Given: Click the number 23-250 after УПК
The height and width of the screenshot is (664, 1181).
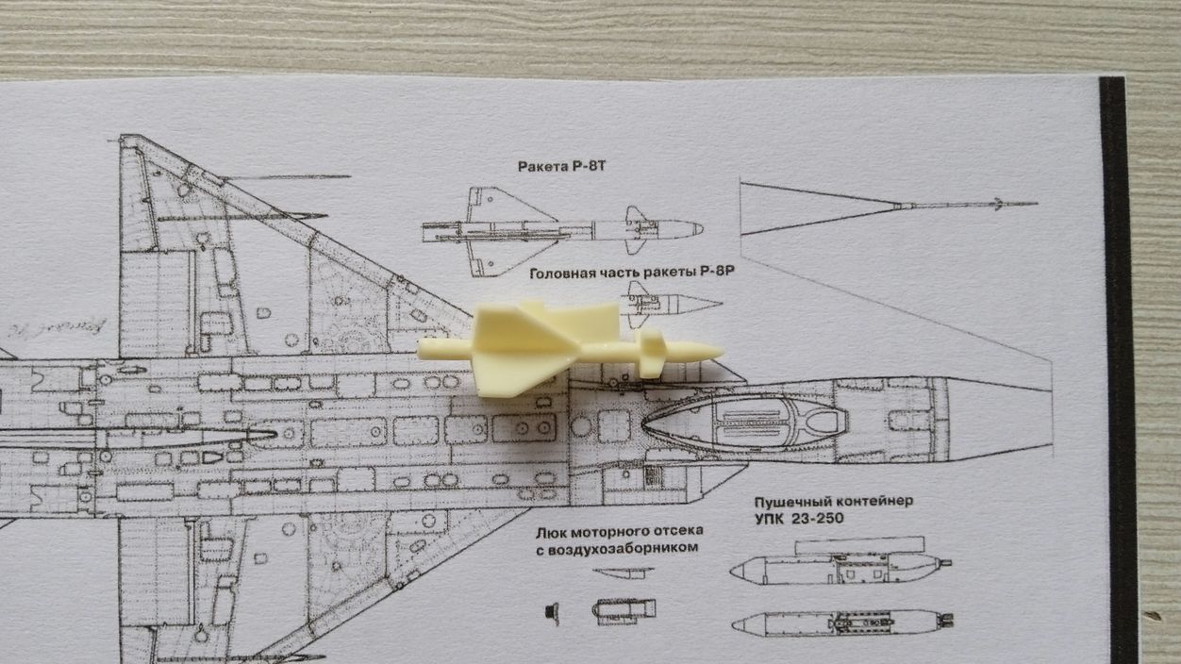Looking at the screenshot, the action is pyautogui.click(x=813, y=519).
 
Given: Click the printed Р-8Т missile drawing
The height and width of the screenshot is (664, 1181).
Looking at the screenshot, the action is pyautogui.click(x=561, y=229).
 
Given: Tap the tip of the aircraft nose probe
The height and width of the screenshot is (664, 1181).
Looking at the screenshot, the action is pyautogui.click(x=1036, y=203).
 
